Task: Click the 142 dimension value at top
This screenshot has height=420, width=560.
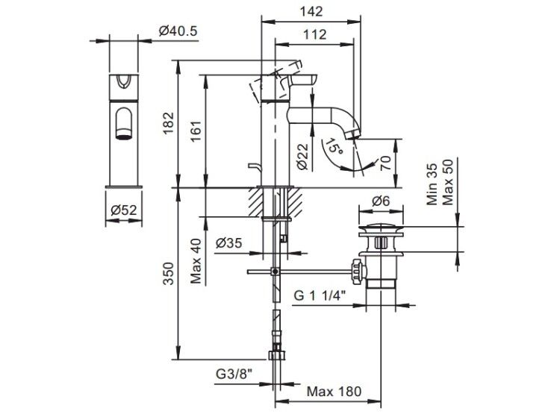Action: pos(311,11)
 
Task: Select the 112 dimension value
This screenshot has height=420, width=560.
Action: pos(314,34)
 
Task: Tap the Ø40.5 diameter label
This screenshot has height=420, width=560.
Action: pos(178,31)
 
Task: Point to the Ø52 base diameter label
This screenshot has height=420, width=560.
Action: pos(123,210)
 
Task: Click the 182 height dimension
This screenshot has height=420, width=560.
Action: pos(168,124)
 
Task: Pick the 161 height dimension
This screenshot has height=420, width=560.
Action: pos(196,132)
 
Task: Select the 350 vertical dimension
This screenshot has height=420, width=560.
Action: pos(168,273)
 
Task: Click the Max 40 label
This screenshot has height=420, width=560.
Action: pos(196,261)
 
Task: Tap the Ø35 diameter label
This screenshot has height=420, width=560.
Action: pos(229,243)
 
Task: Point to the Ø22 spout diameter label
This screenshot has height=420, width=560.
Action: pos(302,157)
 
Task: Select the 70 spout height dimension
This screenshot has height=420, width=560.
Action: pos(386,163)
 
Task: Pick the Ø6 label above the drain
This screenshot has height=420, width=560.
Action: pos(381,201)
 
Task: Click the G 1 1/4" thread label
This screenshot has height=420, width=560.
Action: pos(320,295)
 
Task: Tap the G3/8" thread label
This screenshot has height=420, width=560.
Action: pos(234,374)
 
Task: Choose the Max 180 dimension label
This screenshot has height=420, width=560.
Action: pos(335,392)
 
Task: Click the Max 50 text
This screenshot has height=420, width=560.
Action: pos(447,182)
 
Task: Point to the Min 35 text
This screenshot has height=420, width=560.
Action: pos(432,184)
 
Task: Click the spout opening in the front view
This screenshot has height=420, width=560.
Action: pos(123,134)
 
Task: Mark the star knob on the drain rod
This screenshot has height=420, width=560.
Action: pos(358,272)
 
